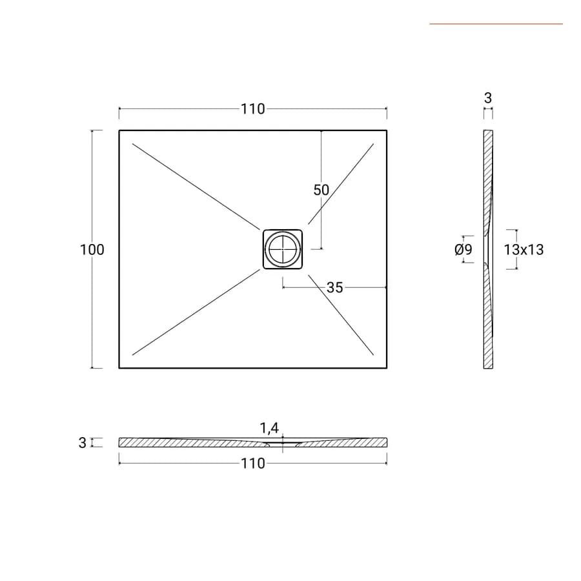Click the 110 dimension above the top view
coord(252,109)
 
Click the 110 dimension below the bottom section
coord(252,464)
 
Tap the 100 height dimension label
coord(92,250)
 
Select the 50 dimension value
coord(321,190)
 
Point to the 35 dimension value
coord(335,287)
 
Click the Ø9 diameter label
coord(464,249)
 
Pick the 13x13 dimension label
coord(524,250)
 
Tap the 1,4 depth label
coord(269,429)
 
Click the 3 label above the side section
coord(488,98)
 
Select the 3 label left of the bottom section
coord(82,443)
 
